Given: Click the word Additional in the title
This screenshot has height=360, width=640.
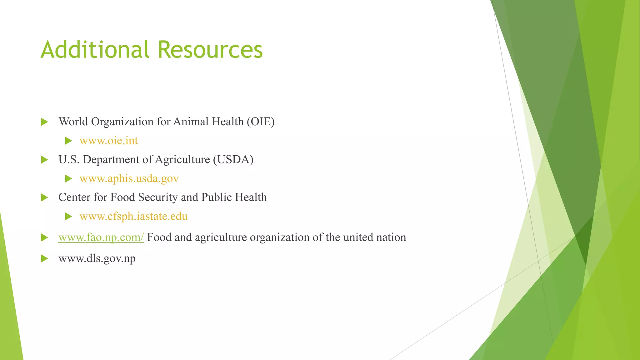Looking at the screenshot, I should (x=95, y=49).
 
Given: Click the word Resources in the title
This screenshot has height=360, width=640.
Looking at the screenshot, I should (x=210, y=49).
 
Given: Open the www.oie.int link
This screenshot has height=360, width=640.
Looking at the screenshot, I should (x=108, y=141).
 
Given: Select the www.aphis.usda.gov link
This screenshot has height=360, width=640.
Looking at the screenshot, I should (x=129, y=178).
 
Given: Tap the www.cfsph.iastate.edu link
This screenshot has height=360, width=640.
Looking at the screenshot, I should (x=133, y=216).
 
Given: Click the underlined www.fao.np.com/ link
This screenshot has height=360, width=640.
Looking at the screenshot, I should (x=101, y=237).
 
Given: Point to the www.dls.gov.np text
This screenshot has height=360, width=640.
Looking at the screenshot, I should (x=97, y=258).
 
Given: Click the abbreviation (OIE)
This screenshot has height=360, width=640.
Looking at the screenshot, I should (x=260, y=122).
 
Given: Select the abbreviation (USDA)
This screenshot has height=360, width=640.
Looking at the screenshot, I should (x=233, y=159).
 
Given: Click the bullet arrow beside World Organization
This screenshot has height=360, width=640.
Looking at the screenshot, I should (x=44, y=122).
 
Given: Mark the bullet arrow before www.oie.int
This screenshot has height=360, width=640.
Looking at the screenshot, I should (x=68, y=141).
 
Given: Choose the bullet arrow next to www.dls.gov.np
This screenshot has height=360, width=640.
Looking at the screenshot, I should (x=44, y=258).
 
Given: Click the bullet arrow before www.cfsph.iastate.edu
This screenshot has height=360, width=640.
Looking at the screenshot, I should (x=68, y=217).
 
